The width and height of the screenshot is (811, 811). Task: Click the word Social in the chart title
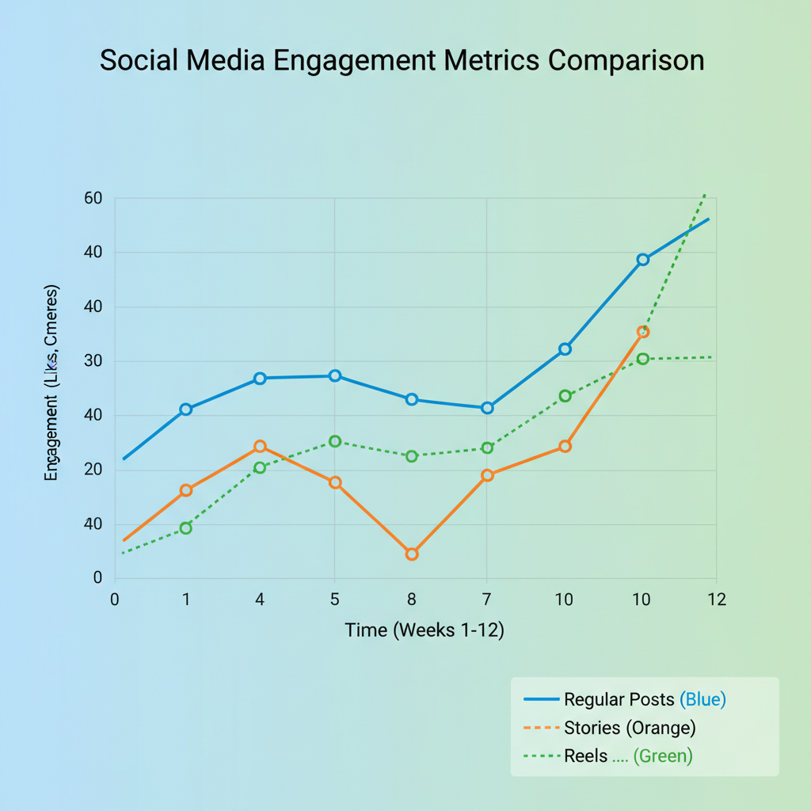(143, 60)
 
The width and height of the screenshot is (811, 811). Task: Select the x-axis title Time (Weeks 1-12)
(425, 631)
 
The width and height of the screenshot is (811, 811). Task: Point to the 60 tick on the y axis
(93, 198)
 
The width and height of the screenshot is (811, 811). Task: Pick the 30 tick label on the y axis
(93, 361)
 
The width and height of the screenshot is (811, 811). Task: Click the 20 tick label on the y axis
(93, 470)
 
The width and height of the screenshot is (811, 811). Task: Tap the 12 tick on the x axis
(716, 600)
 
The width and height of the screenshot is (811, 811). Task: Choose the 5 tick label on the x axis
(334, 600)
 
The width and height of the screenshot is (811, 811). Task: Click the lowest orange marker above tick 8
(412, 554)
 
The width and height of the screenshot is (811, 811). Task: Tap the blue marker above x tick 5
(335, 375)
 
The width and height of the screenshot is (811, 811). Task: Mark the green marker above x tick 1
(185, 527)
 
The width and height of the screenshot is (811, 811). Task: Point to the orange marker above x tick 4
(260, 447)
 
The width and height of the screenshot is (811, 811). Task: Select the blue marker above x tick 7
(487, 408)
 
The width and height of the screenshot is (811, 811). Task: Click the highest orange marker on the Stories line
(643, 332)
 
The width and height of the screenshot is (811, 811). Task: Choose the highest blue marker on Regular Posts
(643, 260)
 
